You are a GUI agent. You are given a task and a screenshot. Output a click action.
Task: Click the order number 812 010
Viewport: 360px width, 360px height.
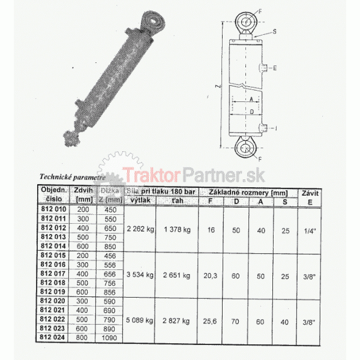click(x=53, y=209)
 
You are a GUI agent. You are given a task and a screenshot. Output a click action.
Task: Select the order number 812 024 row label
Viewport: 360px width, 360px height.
click(x=53, y=337)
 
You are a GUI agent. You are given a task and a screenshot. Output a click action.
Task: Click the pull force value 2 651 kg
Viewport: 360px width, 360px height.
click(x=177, y=276)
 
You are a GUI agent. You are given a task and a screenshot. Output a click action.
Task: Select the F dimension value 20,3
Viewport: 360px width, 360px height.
click(x=210, y=276)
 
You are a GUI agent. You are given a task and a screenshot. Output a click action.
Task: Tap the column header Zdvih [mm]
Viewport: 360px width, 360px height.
click(x=82, y=195)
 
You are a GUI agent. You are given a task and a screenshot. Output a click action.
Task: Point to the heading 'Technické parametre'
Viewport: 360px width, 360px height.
click(x=72, y=177)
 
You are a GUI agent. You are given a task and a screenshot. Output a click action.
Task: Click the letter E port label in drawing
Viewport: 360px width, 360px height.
click(x=274, y=68)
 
